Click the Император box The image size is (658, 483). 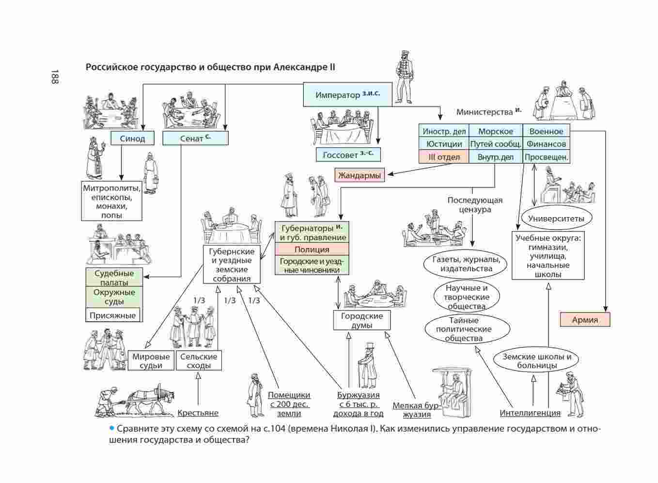click(x=347, y=94)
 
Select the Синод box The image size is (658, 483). click(x=132, y=139)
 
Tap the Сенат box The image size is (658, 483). click(x=195, y=139)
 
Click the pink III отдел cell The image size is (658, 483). click(x=444, y=157)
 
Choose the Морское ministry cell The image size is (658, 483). click(x=495, y=131)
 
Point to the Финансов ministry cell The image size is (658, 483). click(x=546, y=144)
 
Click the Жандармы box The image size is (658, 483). click(x=360, y=175)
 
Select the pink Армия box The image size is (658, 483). click(x=585, y=320)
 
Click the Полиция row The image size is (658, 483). click(x=312, y=249)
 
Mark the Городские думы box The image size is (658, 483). click(x=362, y=320)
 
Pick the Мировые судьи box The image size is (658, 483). click(x=151, y=361)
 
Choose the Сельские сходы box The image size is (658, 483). click(x=199, y=361)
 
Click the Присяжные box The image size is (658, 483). click(x=113, y=315)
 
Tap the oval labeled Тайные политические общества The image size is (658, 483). click(x=467, y=329)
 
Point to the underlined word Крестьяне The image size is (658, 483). click(x=198, y=413)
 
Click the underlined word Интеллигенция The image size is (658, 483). click(x=530, y=413)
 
